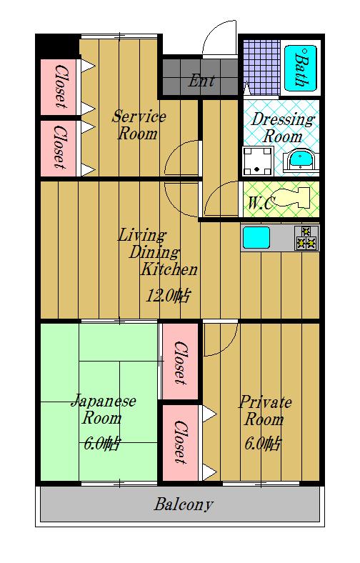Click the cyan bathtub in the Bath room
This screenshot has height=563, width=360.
coord(301,68)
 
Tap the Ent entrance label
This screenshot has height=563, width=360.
coord(201,81)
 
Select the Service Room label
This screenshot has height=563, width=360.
coord(138,125)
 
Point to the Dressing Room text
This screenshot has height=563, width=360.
coord(282,127)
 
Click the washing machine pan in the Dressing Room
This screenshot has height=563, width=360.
coord(257,161)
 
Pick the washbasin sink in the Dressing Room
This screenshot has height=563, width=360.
coord(301,161)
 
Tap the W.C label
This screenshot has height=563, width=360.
coord(260,203)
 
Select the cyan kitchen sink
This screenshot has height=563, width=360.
coord(256,238)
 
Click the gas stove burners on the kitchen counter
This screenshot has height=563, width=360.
coord(306,237)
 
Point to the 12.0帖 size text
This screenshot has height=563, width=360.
coord(168,297)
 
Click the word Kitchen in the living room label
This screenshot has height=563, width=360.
coord(169,269)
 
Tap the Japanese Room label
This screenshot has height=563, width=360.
coord(104,409)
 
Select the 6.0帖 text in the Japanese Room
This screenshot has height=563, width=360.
coord(102,444)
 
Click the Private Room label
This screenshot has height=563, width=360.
coord(265,410)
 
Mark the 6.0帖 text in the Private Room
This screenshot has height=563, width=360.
coord(262,444)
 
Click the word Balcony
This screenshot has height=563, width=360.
coord(184,504)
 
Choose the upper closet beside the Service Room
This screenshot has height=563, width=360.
coord(58,87)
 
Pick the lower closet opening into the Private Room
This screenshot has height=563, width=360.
coord(180,442)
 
